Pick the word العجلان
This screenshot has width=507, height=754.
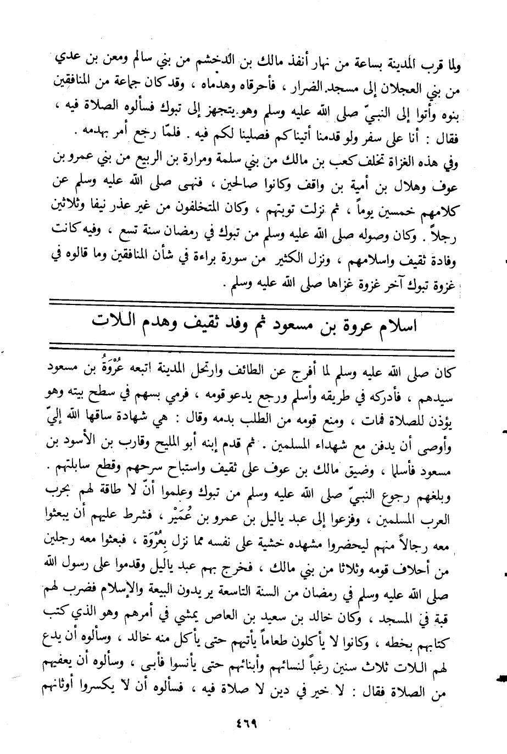(x=404, y=88)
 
